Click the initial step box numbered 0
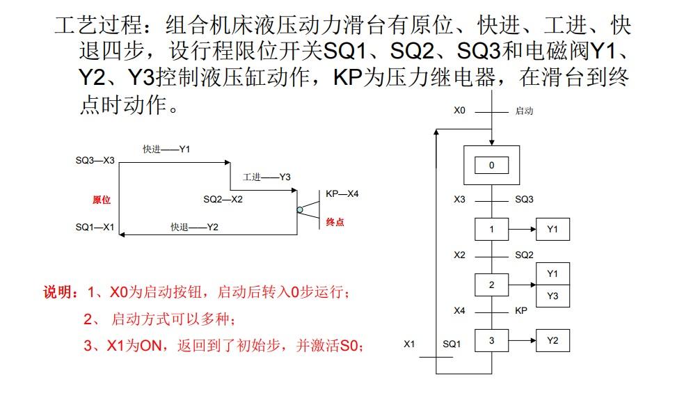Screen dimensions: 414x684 (x=491, y=166)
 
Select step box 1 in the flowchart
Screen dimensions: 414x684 (x=491, y=229)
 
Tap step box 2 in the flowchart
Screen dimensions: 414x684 (x=491, y=285)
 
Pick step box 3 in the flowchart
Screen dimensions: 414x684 (x=491, y=340)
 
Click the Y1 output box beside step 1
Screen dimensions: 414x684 (x=552, y=229)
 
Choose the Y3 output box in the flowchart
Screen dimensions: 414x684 (x=552, y=296)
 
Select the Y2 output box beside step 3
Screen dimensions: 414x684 (x=552, y=340)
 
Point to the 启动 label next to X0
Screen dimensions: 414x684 (x=524, y=111)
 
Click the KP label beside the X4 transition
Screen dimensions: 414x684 (x=521, y=310)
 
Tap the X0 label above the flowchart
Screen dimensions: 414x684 (x=459, y=111)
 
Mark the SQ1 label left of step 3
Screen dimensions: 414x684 (x=452, y=344)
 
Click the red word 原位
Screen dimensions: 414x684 (x=102, y=200)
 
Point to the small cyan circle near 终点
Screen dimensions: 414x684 (x=300, y=209)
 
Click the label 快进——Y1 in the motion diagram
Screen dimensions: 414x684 (x=166, y=149)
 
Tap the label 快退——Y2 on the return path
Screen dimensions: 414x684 (x=195, y=227)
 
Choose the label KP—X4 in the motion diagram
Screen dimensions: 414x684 (x=342, y=193)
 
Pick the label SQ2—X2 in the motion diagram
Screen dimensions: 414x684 (x=223, y=199)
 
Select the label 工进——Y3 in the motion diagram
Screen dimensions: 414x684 (x=267, y=177)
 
